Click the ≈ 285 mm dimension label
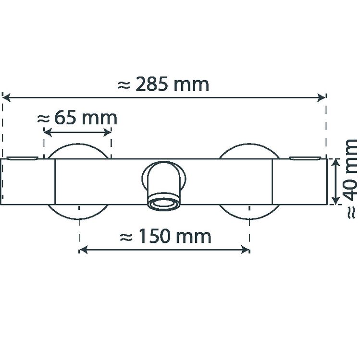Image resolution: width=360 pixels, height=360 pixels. point(163,84)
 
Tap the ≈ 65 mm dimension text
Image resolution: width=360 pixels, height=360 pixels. point(77,118)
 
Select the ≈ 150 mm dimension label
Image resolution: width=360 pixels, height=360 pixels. point(165,236)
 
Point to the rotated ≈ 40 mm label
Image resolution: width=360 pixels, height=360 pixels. point(350,179)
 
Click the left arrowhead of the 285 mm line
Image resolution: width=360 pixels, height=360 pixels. point(6,97)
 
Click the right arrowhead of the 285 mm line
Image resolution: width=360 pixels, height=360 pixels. point(322,97)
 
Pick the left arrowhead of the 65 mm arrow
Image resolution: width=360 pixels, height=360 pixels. point(48,132)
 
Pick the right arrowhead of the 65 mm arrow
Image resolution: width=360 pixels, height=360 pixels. point(107,132)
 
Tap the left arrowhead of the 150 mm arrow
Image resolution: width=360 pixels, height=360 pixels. point(83,250)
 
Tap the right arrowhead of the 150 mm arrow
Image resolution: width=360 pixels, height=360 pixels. point(245,250)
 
